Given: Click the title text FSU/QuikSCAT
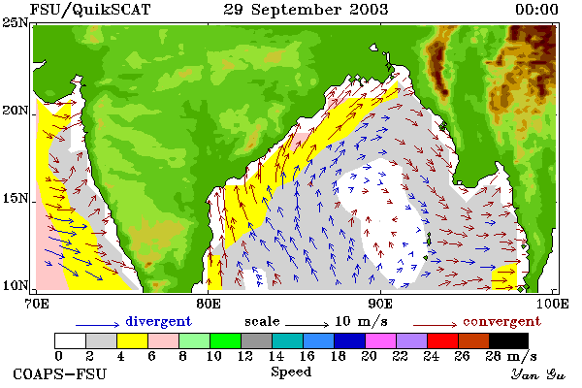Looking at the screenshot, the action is click(90, 10).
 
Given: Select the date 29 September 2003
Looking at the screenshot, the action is click(306, 10).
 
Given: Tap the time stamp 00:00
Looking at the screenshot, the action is click(536, 10).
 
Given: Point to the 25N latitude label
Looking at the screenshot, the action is click(15, 23).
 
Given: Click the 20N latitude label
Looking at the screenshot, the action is click(15, 111).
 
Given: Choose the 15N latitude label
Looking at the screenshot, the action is click(15, 198).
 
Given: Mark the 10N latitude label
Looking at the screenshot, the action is click(15, 285).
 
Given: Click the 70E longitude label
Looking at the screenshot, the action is click(37, 304).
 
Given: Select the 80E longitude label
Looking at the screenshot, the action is click(209, 304).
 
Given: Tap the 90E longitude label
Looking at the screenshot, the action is click(380, 304).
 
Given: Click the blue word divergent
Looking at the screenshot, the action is click(158, 321).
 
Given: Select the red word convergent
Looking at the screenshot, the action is click(501, 321).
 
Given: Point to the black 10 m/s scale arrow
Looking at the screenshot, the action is click(307, 325).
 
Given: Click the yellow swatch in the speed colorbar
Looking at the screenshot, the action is click(133, 340).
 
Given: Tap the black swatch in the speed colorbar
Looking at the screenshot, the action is click(508, 340).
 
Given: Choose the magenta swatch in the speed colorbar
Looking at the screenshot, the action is click(381, 340).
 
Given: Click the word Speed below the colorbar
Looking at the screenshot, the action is click(291, 372).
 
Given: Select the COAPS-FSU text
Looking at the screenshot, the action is click(60, 373).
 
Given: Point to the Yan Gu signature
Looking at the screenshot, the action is click(538, 374).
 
